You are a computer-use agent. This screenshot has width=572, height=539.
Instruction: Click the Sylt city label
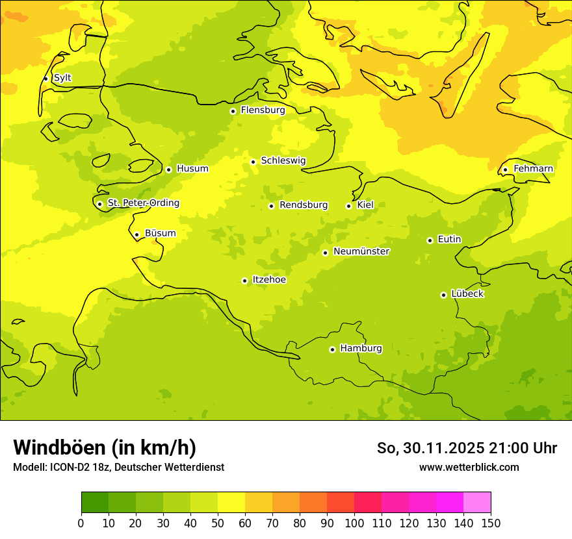(x=62, y=78)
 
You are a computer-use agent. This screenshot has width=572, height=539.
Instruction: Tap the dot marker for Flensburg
(x=233, y=111)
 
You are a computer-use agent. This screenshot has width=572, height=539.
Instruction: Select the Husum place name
(x=192, y=169)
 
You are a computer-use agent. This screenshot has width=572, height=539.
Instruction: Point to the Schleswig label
(x=283, y=160)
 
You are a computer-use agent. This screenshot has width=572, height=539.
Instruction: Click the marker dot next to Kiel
(x=348, y=206)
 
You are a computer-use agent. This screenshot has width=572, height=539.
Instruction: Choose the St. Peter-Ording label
(x=143, y=203)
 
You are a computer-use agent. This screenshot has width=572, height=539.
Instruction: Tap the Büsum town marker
(x=136, y=234)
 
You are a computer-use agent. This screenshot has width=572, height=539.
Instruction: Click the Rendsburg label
(x=304, y=205)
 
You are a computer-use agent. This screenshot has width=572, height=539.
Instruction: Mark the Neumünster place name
(x=361, y=251)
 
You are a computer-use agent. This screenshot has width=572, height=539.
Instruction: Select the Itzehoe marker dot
(x=244, y=281)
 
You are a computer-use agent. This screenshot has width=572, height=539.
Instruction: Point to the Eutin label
(x=449, y=240)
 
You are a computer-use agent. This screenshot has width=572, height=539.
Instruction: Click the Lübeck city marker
(x=443, y=295)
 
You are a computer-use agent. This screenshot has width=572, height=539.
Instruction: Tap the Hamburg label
(x=361, y=349)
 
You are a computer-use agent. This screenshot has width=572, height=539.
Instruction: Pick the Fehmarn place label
(x=533, y=169)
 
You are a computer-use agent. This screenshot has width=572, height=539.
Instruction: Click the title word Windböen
(x=58, y=447)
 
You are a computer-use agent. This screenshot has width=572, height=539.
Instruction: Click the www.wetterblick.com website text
(x=469, y=467)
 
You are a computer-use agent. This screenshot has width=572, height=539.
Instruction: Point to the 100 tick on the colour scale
(x=354, y=523)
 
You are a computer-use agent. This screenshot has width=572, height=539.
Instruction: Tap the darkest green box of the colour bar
(x=94, y=502)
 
